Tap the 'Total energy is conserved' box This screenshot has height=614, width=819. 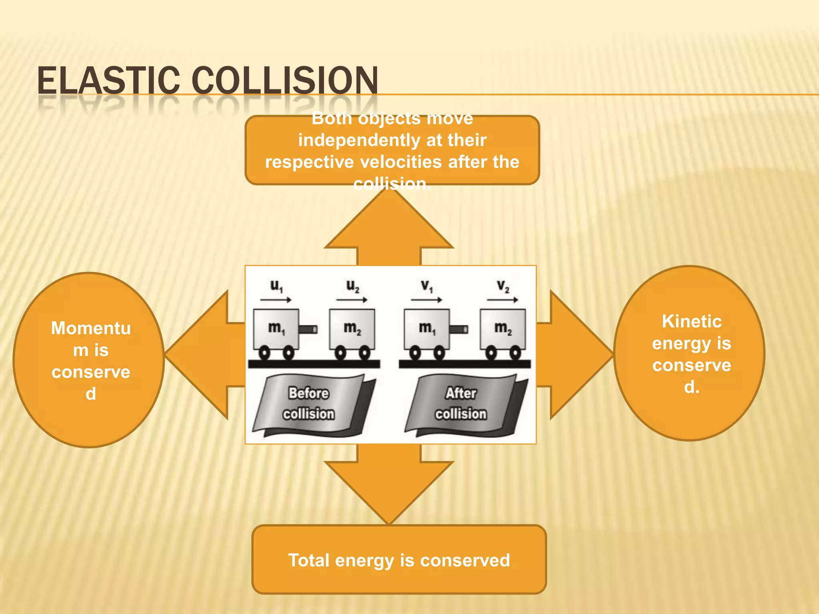(x=399, y=560)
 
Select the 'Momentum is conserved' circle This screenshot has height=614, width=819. (x=89, y=360)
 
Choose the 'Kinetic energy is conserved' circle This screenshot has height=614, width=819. (x=689, y=353)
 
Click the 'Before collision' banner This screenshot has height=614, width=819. (x=309, y=404)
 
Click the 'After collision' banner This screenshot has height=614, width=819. (x=461, y=404)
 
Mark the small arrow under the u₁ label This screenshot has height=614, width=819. (x=276, y=300)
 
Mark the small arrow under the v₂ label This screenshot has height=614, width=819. (x=502, y=300)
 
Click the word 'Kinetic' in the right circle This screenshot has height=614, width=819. (x=691, y=321)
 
